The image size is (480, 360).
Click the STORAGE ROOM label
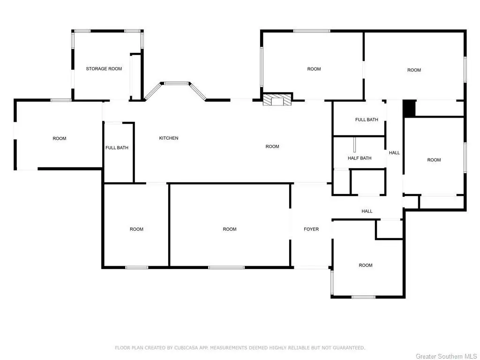click(x=104, y=69)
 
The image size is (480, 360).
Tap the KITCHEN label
click(x=169, y=138)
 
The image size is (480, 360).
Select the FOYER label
click(x=311, y=229)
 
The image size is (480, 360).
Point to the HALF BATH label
click(x=360, y=158)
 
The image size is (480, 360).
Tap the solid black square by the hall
click(x=409, y=109)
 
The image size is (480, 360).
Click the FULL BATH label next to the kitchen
click(x=117, y=148)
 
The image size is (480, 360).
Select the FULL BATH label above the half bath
click(x=367, y=120)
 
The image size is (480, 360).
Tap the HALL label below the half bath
click(x=367, y=211)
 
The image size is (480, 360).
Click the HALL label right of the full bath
click(x=394, y=153)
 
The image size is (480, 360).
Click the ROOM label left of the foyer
click(x=230, y=229)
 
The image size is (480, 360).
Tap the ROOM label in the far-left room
click(x=60, y=138)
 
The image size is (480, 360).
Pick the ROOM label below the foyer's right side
click(x=366, y=265)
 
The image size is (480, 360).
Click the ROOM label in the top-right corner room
click(x=414, y=70)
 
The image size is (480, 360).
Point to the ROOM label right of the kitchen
click(x=272, y=147)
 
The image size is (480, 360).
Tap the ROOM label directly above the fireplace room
click(x=314, y=69)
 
